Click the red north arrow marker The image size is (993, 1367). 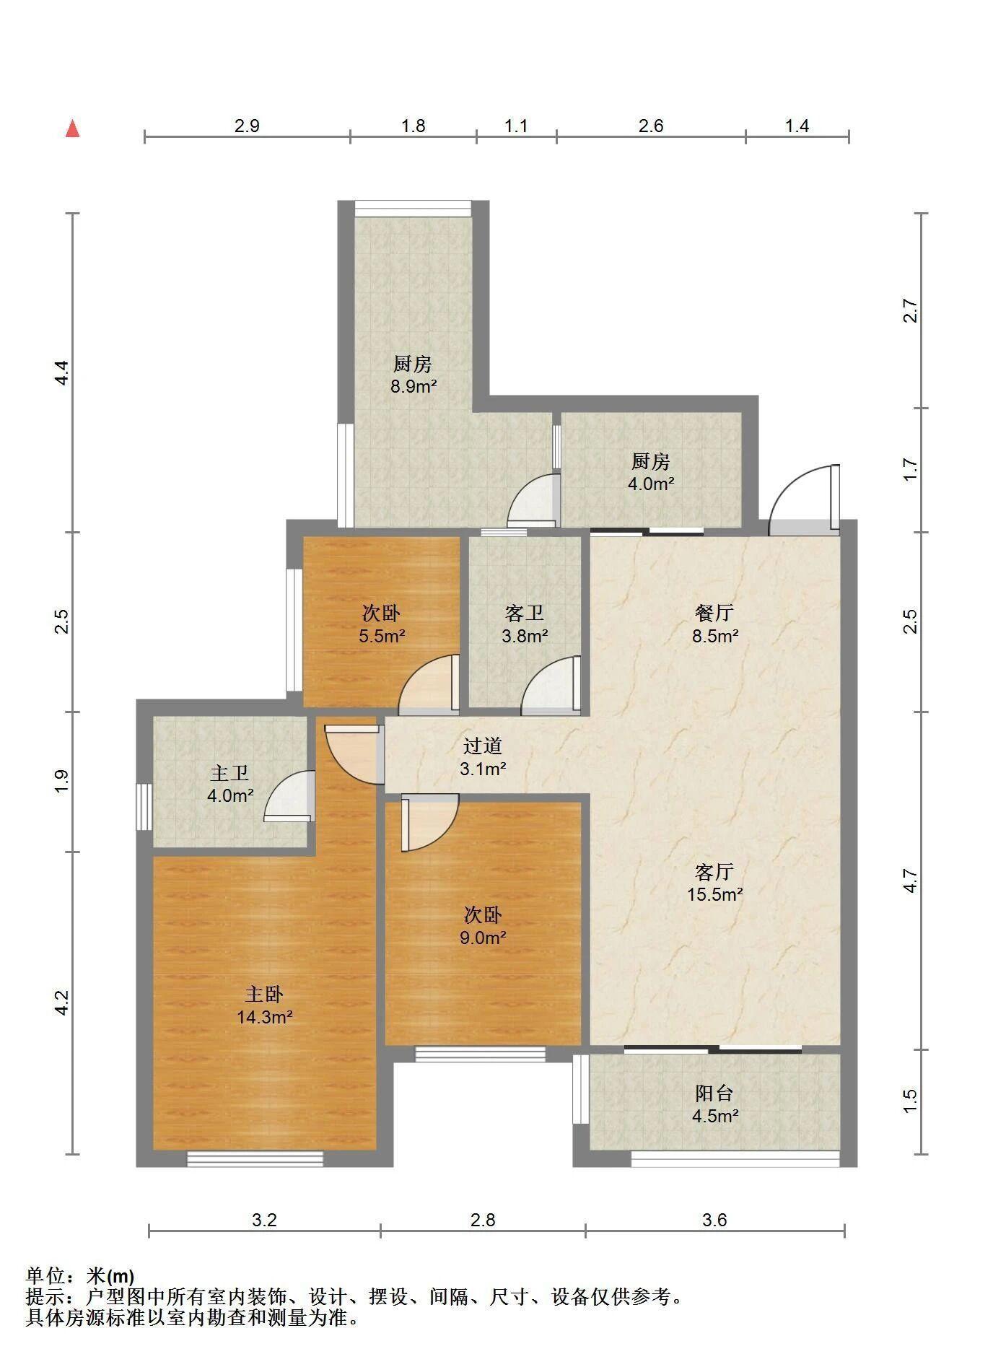pyautogui.click(x=72, y=129)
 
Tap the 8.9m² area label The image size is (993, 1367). pyautogui.click(x=414, y=386)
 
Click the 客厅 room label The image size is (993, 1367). pyautogui.click(x=714, y=872)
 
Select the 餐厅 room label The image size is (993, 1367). pyautogui.click(x=714, y=613)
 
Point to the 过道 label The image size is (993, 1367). pyautogui.click(x=482, y=746)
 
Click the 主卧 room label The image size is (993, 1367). pyautogui.click(x=263, y=995)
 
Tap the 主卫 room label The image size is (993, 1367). pyautogui.click(x=229, y=774)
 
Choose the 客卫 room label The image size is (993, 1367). pyautogui.click(x=524, y=613)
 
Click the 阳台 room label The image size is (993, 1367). pyautogui.click(x=714, y=1093)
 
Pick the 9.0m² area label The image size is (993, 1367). pyautogui.click(x=483, y=938)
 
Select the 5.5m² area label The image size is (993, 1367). pyautogui.click(x=381, y=637)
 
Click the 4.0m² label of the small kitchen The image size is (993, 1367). pyautogui.click(x=651, y=484)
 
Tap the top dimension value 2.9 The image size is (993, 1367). pyautogui.click(x=247, y=126)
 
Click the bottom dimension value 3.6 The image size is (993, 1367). pyautogui.click(x=714, y=1220)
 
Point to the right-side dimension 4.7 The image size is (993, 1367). pyautogui.click(x=910, y=881)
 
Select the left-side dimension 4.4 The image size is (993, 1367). pyautogui.click(x=62, y=372)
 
